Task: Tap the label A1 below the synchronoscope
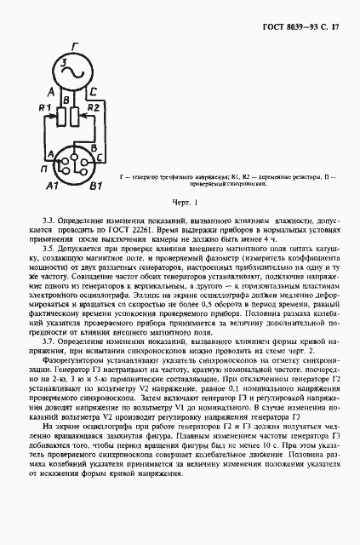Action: point(52,185)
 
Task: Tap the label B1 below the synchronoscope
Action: point(96,185)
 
